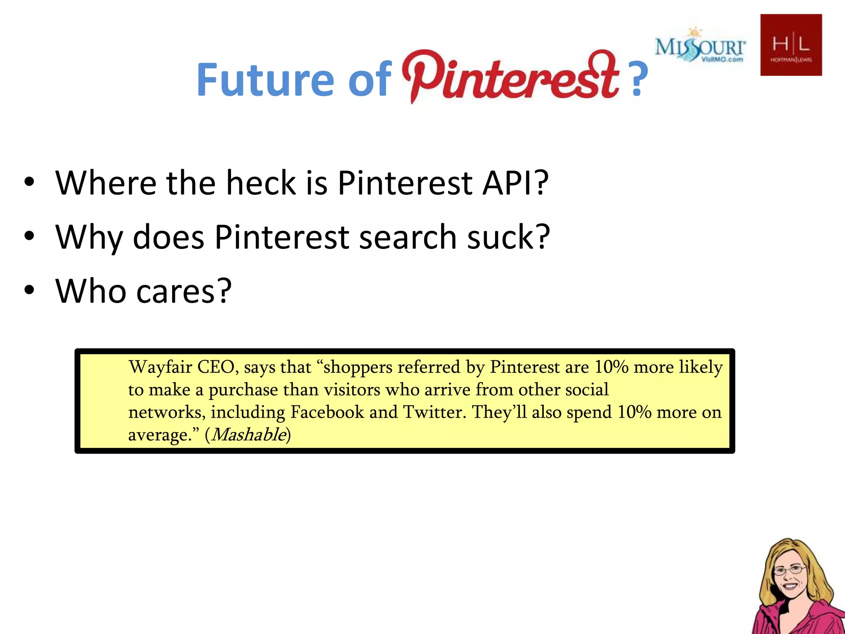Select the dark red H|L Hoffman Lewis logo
[791, 45]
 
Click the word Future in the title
[265, 79]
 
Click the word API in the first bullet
[515, 183]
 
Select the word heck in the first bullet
[261, 183]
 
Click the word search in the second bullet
[408, 237]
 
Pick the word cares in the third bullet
[184, 291]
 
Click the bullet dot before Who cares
[29, 290]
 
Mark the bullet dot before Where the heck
[29, 182]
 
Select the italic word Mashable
[249, 434]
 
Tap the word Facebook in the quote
[327, 412]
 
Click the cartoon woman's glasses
[789, 570]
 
